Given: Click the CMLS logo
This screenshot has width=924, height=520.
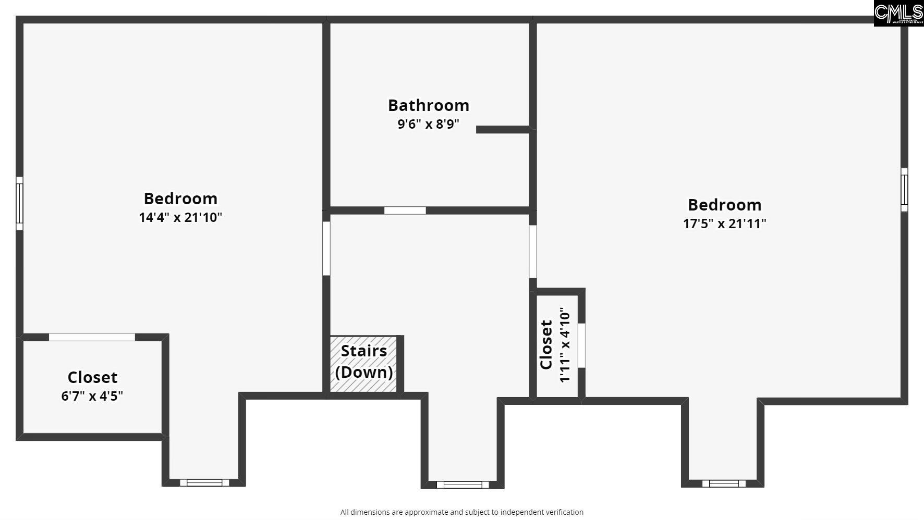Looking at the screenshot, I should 898,14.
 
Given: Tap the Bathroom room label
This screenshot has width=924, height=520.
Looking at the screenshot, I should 429,105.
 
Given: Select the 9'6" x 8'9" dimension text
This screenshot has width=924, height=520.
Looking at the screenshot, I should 429,125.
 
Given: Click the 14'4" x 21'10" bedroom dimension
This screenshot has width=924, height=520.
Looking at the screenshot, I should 180,217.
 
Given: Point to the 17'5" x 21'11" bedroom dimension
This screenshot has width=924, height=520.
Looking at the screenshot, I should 724,224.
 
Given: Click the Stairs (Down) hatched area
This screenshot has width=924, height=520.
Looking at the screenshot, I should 363,364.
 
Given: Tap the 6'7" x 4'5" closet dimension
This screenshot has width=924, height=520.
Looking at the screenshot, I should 92,396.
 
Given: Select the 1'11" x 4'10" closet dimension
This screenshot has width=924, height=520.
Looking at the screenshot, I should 565,345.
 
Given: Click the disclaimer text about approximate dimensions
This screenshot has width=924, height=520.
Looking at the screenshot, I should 461,512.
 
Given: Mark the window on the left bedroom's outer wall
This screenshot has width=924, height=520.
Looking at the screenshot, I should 19,203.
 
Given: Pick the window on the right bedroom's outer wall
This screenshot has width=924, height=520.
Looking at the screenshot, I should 904,190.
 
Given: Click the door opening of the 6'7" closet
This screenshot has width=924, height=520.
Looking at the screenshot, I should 92,337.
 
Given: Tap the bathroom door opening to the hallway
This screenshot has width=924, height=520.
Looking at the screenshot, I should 405,211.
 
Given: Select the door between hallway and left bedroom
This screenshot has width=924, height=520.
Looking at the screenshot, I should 326,249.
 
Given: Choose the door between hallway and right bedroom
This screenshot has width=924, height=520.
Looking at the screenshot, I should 532,251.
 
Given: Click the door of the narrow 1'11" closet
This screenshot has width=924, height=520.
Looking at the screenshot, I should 581,345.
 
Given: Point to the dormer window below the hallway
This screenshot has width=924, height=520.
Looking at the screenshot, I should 463,485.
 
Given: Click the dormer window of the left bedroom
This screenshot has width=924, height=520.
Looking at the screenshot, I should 204,482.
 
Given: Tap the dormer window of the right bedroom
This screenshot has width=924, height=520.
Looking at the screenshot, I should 724,484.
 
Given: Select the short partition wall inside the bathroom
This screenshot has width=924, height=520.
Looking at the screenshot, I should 503,130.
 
